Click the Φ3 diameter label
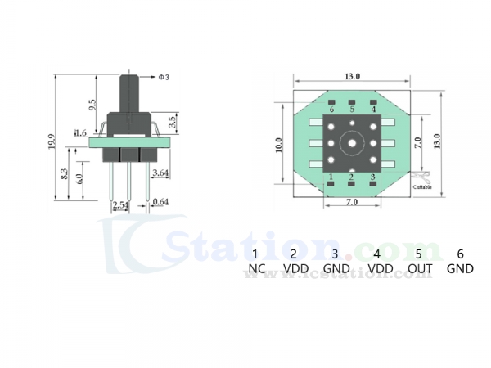tap(163, 77)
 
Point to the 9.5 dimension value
tap(93, 104)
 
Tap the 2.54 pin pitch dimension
tap(119, 204)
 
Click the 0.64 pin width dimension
tap(160, 202)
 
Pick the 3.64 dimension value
tap(160, 173)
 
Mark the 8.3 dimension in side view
tap(65, 174)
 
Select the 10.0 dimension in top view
tap(279, 145)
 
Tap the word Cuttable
tap(423, 187)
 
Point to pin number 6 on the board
tap(331, 109)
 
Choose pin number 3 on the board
tap(373, 177)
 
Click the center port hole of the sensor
tap(352, 142)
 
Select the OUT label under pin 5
tap(419, 268)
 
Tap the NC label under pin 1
tap(255, 268)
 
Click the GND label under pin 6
tap(460, 268)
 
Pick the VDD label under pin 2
tap(295, 268)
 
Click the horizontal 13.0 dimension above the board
tap(352, 76)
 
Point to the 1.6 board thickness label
tap(80, 132)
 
